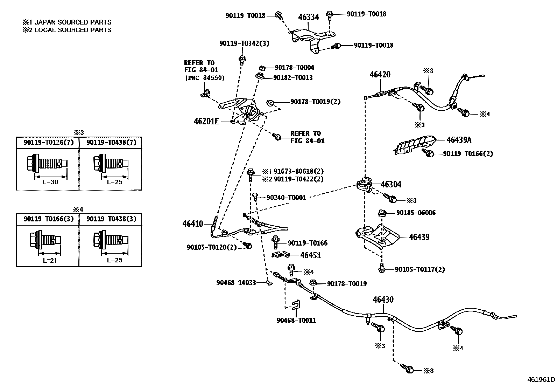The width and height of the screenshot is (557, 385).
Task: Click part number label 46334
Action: click(308, 17)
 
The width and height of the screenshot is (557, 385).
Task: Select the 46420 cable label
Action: click(380, 74)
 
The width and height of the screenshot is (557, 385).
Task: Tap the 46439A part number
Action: click(459, 140)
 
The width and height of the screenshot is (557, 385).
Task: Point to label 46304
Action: click(391, 184)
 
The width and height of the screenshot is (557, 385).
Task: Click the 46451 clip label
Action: click(310, 255)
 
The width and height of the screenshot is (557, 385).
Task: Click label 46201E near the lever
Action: click(206, 121)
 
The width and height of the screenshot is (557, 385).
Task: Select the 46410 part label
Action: click(192, 223)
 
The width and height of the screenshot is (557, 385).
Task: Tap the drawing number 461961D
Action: click(541, 379)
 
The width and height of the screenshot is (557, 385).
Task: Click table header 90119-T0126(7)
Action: click(48, 142)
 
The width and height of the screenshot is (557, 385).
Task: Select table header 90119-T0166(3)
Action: click(48, 219)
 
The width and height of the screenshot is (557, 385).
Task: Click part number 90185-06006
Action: click(416, 213)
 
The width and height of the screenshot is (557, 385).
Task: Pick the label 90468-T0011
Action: click(296, 320)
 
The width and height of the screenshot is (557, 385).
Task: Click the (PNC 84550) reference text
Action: click(204, 78)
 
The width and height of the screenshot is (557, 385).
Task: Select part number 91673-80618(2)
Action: click(298, 171)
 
